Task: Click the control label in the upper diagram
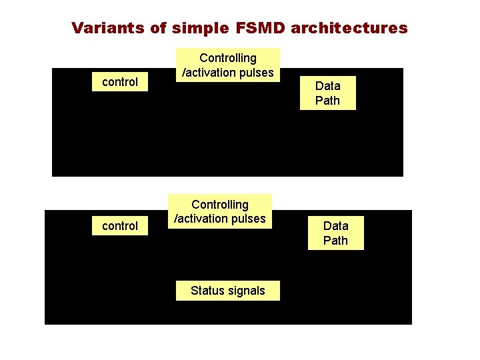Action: tap(120, 82)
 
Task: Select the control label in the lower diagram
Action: tap(120, 226)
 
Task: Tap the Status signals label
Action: tap(227, 290)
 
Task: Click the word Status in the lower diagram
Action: tap(207, 290)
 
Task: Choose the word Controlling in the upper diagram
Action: tap(228, 58)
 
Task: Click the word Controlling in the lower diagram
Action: tap(220, 204)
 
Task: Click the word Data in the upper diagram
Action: tap(327, 85)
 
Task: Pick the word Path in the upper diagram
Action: tap(327, 101)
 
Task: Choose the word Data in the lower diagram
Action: tap(335, 225)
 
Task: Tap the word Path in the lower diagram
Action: tap(335, 241)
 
